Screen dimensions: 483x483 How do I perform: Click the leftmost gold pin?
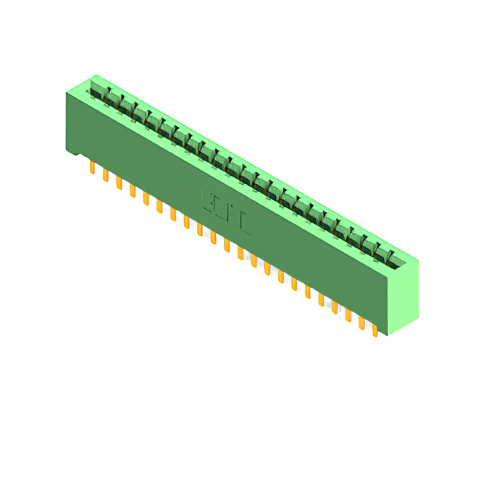click(x=92, y=168)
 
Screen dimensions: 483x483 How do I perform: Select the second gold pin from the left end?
click(x=106, y=176)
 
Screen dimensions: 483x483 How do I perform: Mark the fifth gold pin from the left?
click(x=146, y=198)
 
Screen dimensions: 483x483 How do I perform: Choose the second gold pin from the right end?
click(x=361, y=322)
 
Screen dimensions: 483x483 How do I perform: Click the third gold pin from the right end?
click(x=348, y=315)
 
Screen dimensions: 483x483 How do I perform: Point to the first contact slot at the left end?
click(x=97, y=94)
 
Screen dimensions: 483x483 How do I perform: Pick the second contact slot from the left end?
click(x=110, y=101)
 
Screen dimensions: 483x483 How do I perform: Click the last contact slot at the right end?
click(x=389, y=260)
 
